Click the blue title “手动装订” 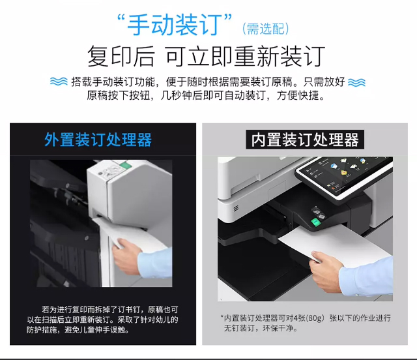point(174,25)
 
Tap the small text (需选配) point(266,29)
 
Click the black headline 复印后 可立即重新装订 point(207,56)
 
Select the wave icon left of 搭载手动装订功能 point(59,82)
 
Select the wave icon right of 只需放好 point(356,83)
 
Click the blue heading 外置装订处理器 point(98,140)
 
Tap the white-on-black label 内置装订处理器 point(305,140)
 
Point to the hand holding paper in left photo point(126,255)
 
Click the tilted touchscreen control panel point(344,176)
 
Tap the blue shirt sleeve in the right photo point(366,277)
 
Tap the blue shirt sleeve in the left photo point(155,262)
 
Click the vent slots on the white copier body point(236,208)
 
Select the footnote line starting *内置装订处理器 point(306,318)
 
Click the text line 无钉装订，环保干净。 point(261,328)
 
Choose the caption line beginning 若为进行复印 point(110,309)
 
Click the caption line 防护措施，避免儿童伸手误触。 point(78,330)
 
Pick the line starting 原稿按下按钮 point(206,95)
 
